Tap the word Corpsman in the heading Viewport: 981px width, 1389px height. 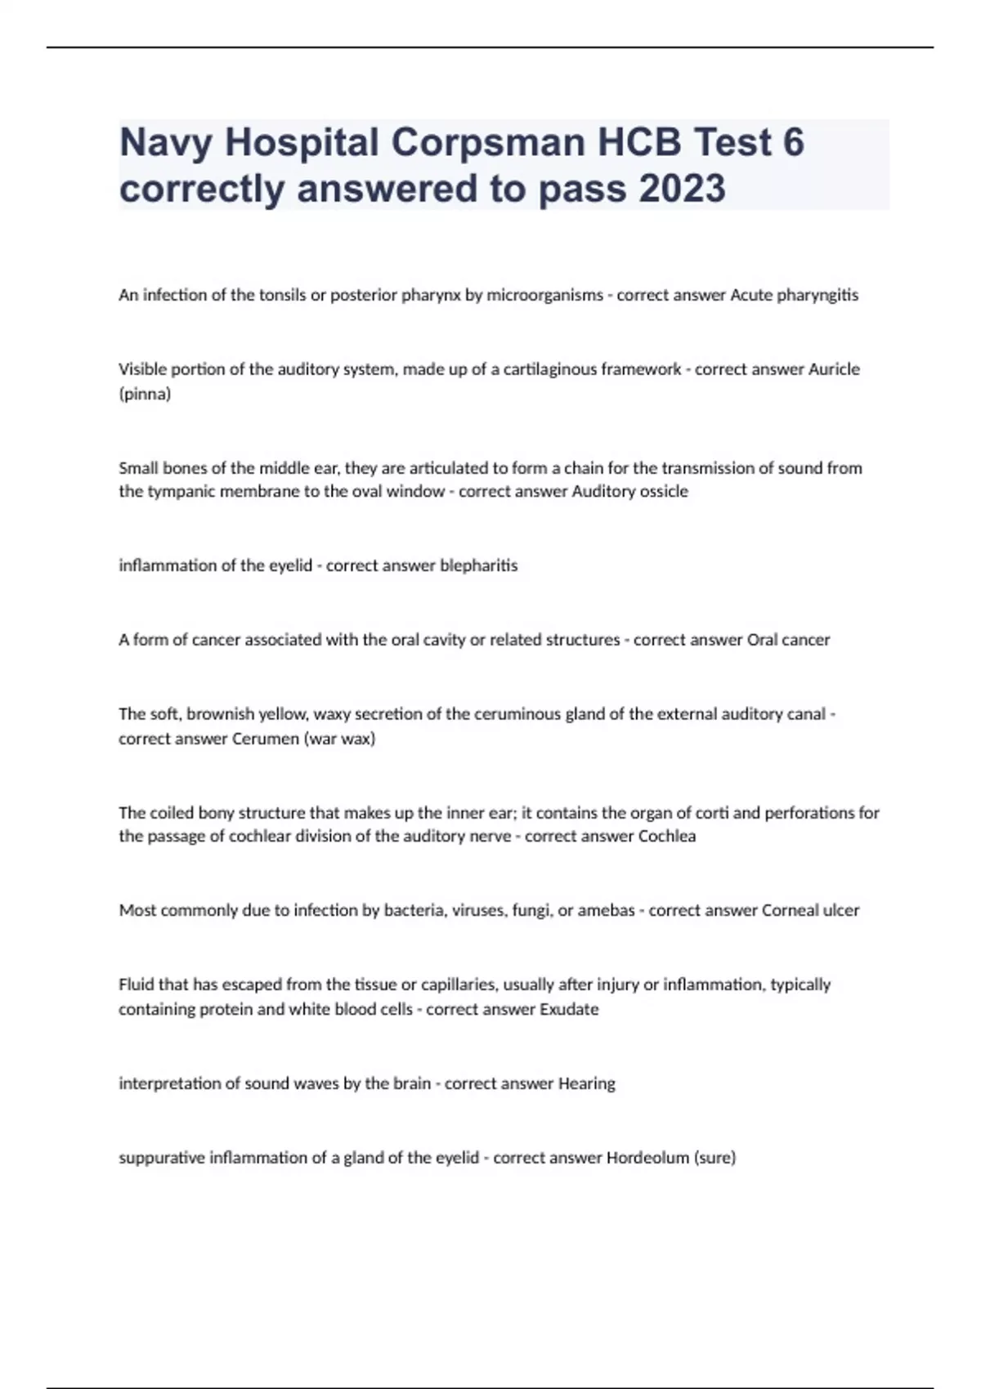click(488, 143)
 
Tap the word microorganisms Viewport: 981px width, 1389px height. click(545, 296)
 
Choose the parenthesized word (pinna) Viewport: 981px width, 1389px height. click(145, 395)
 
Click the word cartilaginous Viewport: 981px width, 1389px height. click(550, 369)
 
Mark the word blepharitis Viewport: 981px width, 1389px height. click(479, 566)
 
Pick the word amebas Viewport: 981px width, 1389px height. click(606, 910)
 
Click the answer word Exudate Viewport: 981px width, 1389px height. click(569, 1009)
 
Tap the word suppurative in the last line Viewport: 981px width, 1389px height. click(162, 1158)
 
